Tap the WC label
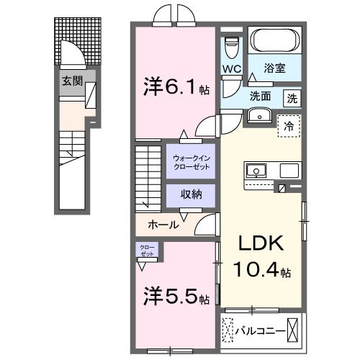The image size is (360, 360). (x=231, y=69)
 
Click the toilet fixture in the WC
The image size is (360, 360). (x=231, y=48)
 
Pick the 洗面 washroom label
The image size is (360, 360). (x=261, y=96)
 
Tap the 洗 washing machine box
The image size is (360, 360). (x=292, y=96)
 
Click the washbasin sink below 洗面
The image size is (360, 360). (x=258, y=115)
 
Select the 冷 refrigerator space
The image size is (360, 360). (x=289, y=125)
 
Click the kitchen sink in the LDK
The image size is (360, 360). (x=257, y=171)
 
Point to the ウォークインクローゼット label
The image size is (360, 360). (x=191, y=162)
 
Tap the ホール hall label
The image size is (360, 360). (x=164, y=225)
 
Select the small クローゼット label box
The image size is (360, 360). (x=147, y=250)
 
